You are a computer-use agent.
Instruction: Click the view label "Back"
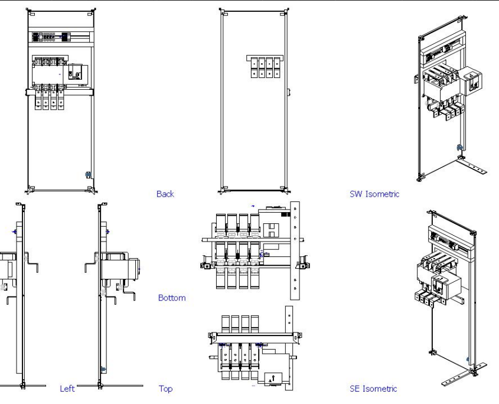pos(165,194)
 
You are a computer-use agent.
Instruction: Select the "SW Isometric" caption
pos(373,194)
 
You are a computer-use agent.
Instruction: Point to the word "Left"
pos(67,389)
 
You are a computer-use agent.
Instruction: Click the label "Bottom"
pos(171,298)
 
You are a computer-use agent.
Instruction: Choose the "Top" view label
pos(165,389)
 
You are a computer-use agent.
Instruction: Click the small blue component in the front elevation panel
pos(88,174)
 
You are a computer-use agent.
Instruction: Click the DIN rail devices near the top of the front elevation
pos(51,37)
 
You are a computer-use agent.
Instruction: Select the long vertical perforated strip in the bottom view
pos(295,250)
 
